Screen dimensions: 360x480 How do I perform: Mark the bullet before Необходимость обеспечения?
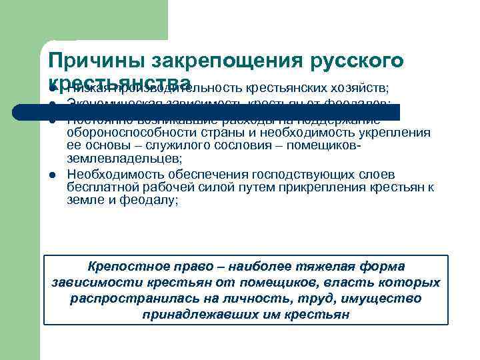coord(52,175)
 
